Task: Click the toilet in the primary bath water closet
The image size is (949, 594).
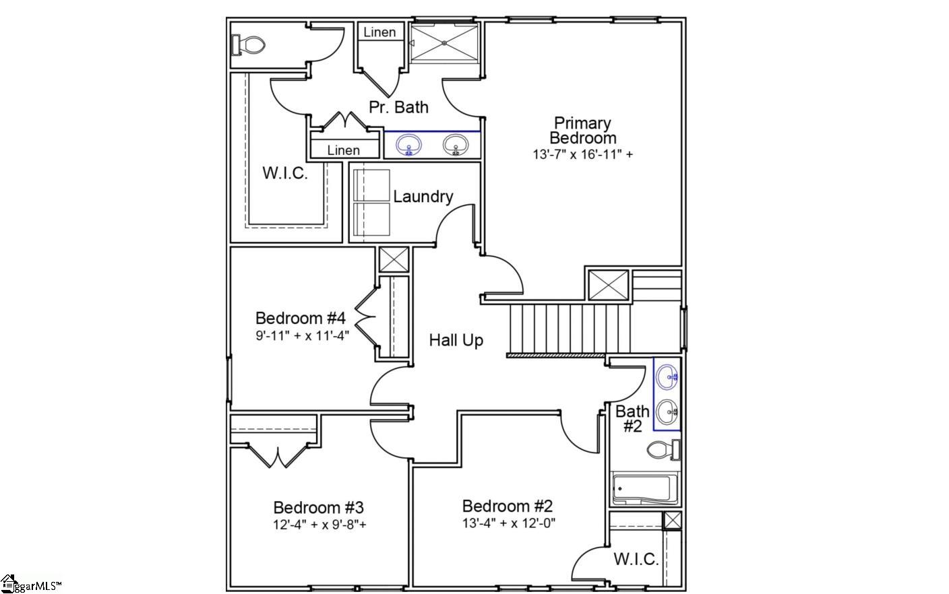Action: [250, 45]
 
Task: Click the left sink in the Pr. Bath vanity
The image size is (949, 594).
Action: [408, 145]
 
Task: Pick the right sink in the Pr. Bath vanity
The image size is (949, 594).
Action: [456, 145]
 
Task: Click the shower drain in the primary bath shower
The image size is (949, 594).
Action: [445, 43]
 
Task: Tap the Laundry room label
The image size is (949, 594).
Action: [423, 197]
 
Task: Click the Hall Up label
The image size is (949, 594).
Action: [456, 341]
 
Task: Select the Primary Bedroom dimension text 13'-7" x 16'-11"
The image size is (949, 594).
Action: [582, 154]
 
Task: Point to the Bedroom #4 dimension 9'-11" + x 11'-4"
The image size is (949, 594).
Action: [302, 335]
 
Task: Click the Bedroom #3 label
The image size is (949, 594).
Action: [318, 507]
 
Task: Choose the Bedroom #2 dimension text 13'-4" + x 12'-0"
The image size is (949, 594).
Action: [508, 523]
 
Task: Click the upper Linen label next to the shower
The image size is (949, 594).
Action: [379, 32]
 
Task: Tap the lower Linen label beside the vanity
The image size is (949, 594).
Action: [343, 150]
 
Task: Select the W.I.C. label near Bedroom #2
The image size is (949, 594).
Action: [636, 559]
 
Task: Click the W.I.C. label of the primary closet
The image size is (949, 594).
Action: [285, 173]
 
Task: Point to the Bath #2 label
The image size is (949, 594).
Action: [632, 418]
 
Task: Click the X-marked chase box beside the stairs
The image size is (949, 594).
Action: [608, 286]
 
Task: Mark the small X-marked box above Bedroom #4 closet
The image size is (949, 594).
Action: [394, 259]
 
